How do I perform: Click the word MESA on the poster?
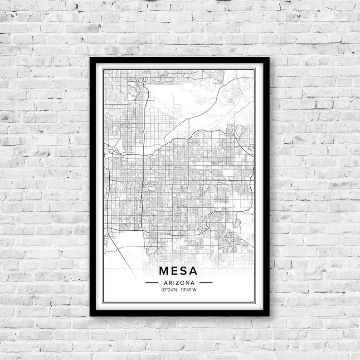tap(179, 271)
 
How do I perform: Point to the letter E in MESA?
tap(175, 271)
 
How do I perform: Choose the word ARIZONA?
tap(179, 282)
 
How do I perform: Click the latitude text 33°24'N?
tap(169, 289)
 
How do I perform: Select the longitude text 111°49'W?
tap(189, 289)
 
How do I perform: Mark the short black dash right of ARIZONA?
tap(206, 282)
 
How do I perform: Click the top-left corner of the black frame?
tap(91, 58)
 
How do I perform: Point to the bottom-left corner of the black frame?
tap(91, 316)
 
